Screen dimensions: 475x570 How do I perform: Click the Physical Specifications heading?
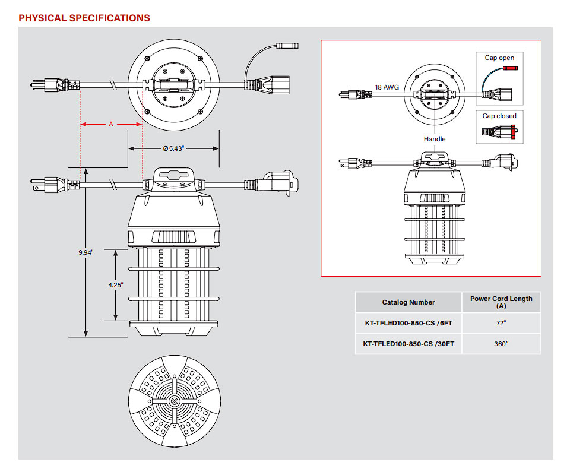pyautogui.click(x=84, y=18)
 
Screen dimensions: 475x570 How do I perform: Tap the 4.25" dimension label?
pyautogui.click(x=116, y=285)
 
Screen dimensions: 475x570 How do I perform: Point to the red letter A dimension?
pyautogui.click(x=110, y=125)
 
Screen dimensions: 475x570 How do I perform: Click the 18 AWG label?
pyautogui.click(x=387, y=87)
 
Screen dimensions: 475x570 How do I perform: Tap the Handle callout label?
pyautogui.click(x=434, y=138)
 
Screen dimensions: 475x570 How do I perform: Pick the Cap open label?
pyautogui.click(x=499, y=58)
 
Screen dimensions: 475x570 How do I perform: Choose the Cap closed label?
pyautogui.click(x=499, y=116)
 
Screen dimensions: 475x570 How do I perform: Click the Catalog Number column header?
pyautogui.click(x=408, y=302)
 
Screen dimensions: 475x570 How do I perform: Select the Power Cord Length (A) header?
pyautogui.click(x=501, y=302)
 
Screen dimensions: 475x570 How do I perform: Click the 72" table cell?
pyautogui.click(x=501, y=323)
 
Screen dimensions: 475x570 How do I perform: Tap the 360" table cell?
pyautogui.click(x=501, y=344)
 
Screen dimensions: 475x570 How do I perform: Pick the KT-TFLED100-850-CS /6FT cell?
pyautogui.click(x=408, y=323)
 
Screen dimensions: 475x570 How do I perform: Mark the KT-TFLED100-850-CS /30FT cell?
pyautogui.click(x=408, y=344)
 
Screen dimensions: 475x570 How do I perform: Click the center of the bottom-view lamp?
pyautogui.click(x=175, y=401)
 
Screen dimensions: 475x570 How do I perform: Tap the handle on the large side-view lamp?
pyautogui.click(x=174, y=175)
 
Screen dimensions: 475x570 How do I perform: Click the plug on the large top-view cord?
pyautogui.click(x=54, y=85)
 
